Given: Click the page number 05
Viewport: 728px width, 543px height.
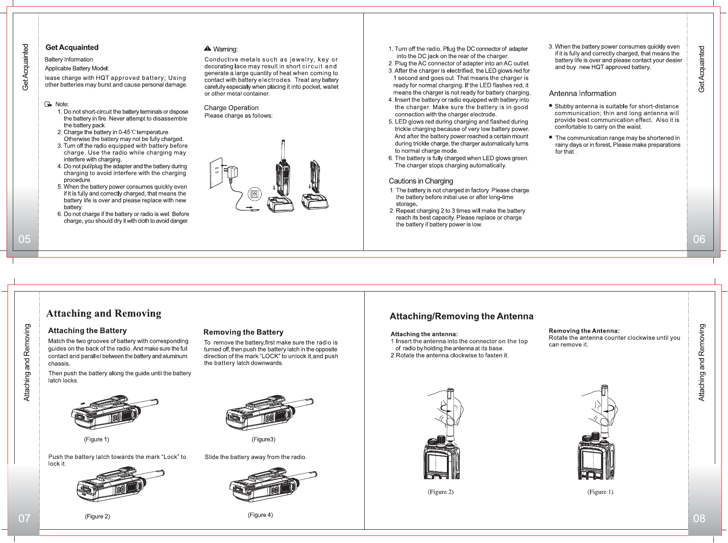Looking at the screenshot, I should pos(24,239).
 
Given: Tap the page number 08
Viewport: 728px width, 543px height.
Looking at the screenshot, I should pos(699,518).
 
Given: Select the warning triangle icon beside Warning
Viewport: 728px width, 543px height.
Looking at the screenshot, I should pos(207,49).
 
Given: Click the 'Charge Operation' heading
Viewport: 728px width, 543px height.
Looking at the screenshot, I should pos(231,108).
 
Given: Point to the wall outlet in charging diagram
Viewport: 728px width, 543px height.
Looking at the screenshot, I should pos(215,172).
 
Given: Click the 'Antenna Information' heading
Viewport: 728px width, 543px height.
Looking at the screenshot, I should pos(582,94).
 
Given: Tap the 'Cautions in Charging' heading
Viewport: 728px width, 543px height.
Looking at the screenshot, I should pos(420,181).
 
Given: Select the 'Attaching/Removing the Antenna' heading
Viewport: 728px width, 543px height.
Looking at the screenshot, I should pos(461,316).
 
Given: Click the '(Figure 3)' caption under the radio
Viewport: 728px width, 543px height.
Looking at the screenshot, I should pos(263,440).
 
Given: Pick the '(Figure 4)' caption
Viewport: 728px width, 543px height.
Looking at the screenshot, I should pos(260,515).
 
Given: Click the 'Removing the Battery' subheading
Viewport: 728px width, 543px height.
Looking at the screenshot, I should pos(243,332).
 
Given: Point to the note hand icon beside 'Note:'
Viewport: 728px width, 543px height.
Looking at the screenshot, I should pos(48,104).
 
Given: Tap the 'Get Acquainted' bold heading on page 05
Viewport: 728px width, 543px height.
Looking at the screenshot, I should pos(72,47).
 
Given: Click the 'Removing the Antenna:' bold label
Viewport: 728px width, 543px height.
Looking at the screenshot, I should pos(584,331).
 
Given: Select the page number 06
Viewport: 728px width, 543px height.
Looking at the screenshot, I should pos(699,239).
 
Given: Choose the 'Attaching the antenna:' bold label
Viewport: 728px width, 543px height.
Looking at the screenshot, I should pos(424,334).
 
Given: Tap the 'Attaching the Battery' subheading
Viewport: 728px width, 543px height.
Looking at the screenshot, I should pos(87,331).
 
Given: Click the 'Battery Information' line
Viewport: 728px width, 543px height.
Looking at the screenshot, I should pos(69,60).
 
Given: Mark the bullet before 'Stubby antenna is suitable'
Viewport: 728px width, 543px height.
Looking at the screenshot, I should pos(550,106).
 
